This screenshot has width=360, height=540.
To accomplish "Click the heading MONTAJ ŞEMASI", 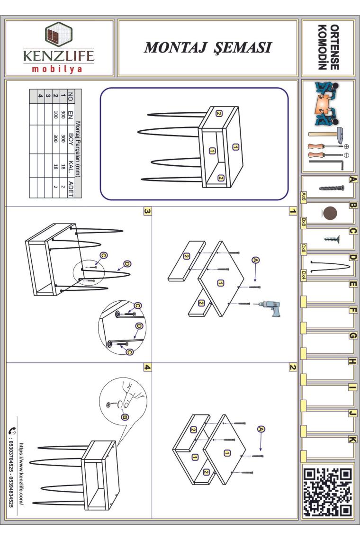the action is (x=208, y=47).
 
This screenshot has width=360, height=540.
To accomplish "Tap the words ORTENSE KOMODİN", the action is (x=328, y=47).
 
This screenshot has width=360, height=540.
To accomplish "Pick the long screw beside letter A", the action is (x=332, y=188).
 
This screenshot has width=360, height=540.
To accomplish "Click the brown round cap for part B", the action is (x=330, y=213).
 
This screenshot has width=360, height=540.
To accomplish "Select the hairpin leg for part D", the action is (x=329, y=267).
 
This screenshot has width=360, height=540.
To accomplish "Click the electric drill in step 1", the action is (x=271, y=307).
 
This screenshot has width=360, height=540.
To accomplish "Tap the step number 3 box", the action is (x=147, y=211).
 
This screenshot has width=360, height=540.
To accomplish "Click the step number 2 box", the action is (x=292, y=367).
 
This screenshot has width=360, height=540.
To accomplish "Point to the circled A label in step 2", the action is (x=261, y=429).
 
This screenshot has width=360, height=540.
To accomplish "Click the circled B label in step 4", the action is (x=125, y=417).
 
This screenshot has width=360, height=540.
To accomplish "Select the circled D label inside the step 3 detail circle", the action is (x=139, y=326).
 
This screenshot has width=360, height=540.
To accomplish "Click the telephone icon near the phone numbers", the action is (x=12, y=431).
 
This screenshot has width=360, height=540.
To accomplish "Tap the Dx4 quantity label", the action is (x=304, y=276).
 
